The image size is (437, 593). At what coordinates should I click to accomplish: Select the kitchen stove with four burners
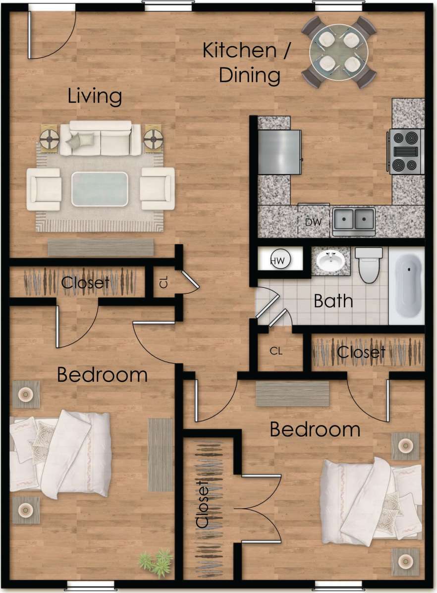tap(406, 151)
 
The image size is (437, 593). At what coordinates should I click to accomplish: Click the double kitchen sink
tap(354, 219)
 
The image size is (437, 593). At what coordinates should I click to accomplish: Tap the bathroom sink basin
tap(330, 261)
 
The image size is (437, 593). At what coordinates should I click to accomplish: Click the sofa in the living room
tap(101, 138)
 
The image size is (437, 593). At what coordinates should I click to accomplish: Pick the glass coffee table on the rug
tap(100, 189)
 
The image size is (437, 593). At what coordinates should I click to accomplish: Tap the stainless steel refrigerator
tap(279, 152)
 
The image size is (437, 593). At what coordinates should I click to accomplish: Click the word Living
tap(95, 96)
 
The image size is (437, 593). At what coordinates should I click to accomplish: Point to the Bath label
tap(333, 301)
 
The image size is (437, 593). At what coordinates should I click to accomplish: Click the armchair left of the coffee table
tap(44, 189)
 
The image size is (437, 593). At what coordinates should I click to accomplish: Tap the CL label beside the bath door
tap(276, 351)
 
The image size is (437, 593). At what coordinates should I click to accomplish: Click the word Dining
tap(250, 76)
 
